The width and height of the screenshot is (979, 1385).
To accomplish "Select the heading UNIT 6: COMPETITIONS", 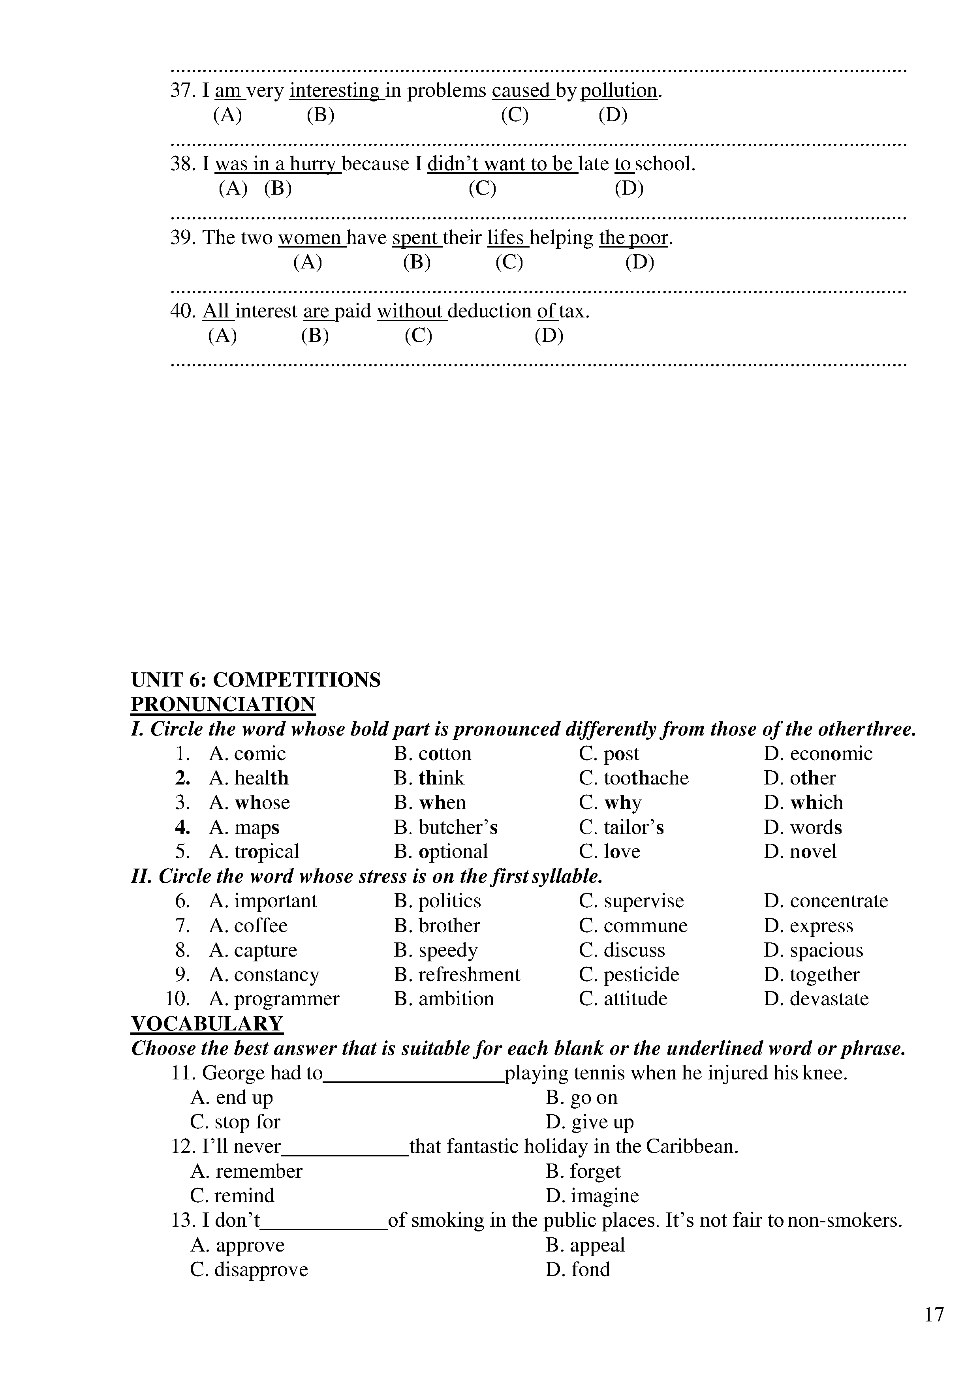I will tap(256, 680).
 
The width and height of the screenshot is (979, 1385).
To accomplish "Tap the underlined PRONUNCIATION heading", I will tap(223, 705).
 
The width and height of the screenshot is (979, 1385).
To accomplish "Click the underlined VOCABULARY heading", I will tap(207, 1024).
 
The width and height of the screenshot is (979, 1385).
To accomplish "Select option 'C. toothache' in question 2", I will tap(633, 778).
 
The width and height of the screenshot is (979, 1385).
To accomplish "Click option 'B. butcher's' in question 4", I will tap(446, 827).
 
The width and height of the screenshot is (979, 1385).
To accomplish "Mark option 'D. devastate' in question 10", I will tap(816, 998).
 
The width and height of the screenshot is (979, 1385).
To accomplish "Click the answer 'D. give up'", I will tap(590, 1122).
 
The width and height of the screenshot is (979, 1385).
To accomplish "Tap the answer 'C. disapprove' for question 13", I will tap(249, 1269).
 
